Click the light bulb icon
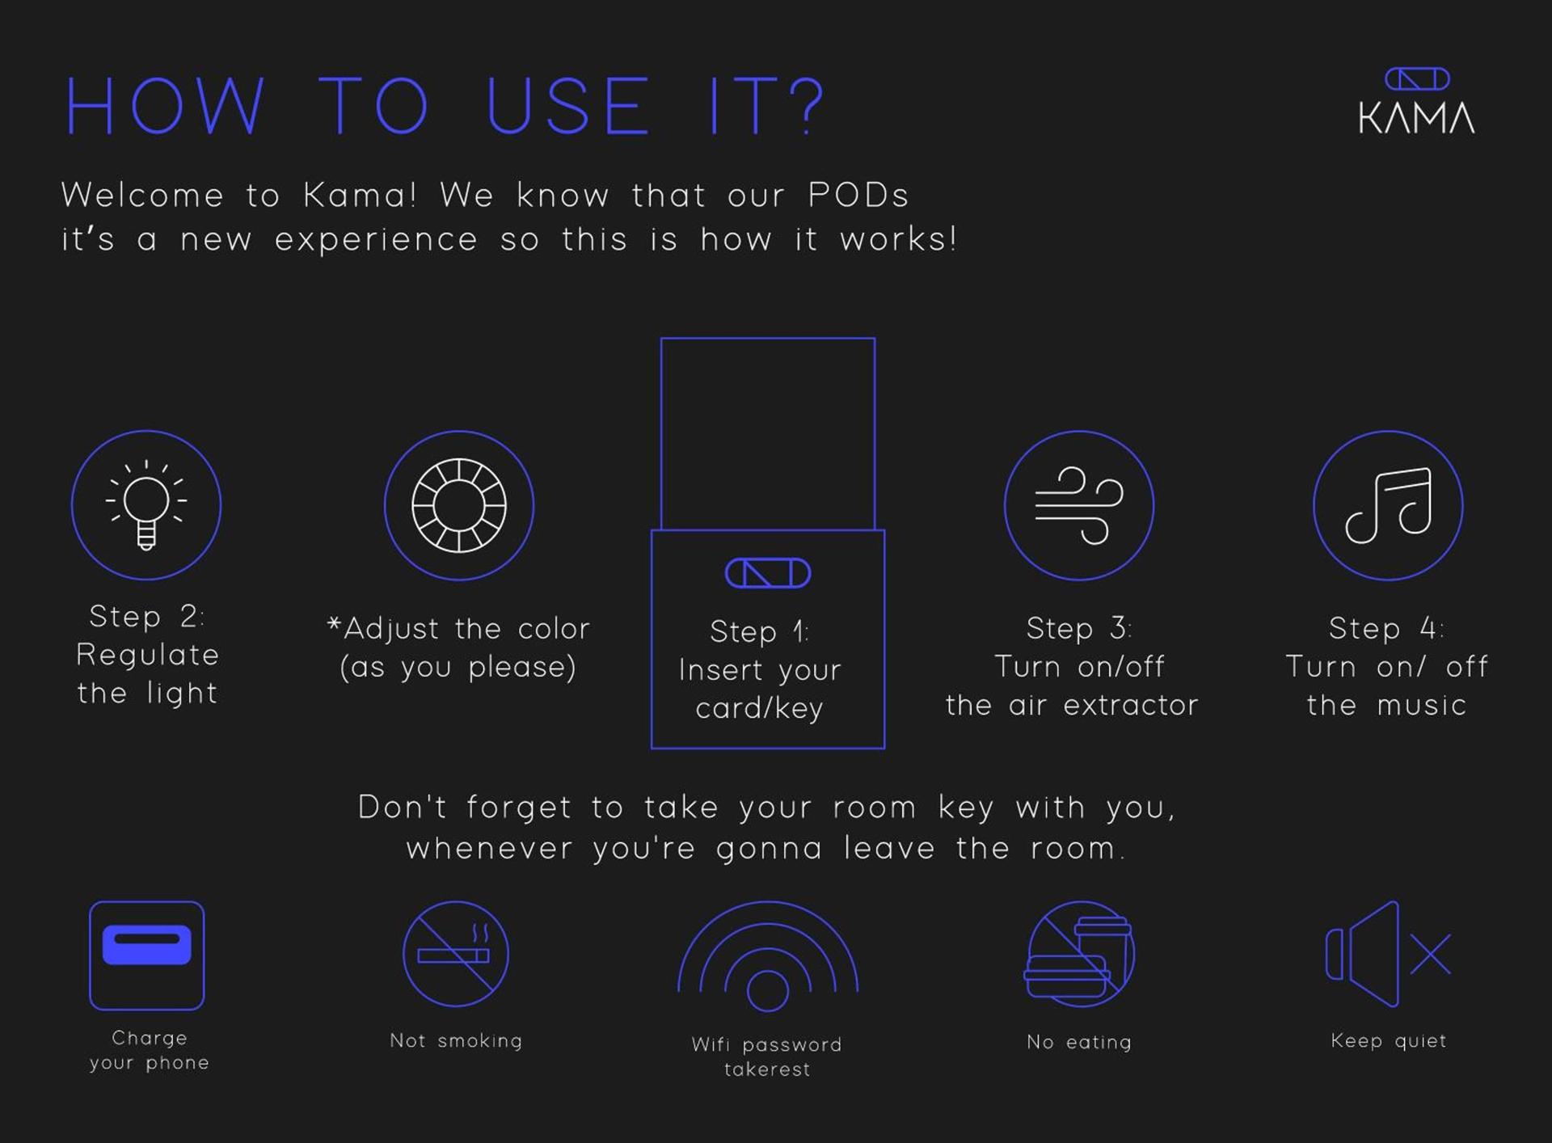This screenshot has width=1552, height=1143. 146,504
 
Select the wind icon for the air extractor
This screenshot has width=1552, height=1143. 1079,505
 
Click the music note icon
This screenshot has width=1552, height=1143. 1388,505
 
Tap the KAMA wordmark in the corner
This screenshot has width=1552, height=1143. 1416,118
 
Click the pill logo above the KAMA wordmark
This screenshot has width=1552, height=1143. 1416,79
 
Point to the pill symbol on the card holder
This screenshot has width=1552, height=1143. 767,573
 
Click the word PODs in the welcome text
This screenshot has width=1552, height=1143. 858,196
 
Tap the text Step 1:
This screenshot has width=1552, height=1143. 759,631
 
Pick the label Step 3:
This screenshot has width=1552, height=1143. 1079,628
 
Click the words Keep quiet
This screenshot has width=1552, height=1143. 1389,1041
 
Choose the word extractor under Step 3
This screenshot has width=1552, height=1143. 1131,706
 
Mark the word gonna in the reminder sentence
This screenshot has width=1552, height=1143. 769,850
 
